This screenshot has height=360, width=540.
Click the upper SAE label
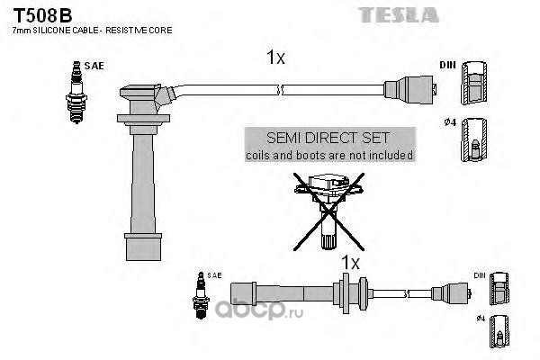click(93, 66)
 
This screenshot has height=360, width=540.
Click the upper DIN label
click(447, 66)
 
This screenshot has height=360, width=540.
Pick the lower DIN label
click(479, 274)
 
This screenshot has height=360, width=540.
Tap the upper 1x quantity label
click(274, 58)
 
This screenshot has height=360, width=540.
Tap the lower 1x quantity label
click(350, 263)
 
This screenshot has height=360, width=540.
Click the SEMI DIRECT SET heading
click(328, 138)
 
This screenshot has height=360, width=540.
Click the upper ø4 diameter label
click(451, 122)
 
